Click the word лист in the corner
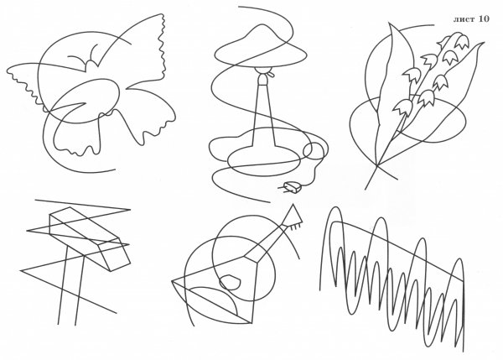tap(464, 19)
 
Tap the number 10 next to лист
tap(484, 18)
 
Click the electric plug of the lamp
tap(292, 187)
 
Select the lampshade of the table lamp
tap(261, 47)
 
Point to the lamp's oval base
tap(264, 159)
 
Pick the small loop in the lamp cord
tap(314, 150)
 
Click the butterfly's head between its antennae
tap(91, 65)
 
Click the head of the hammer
tap(90, 238)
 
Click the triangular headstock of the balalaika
tap(293, 215)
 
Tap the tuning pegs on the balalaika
tap(295, 227)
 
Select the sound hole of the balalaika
tap(230, 282)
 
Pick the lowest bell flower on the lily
tap(401, 107)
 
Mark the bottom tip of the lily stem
tap(365, 189)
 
